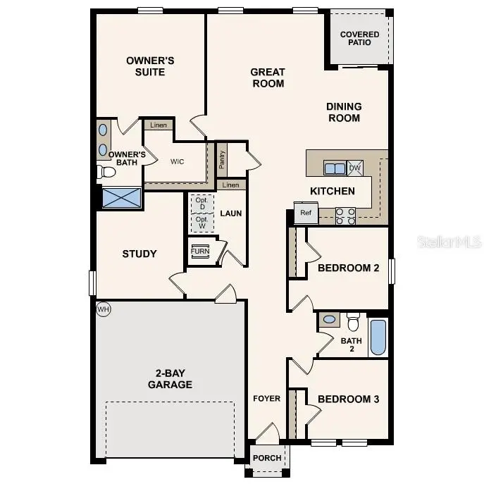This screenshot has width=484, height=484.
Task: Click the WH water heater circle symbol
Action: (104, 309)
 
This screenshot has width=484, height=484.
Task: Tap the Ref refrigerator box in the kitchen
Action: (306, 213)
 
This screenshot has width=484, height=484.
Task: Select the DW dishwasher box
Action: (355, 168)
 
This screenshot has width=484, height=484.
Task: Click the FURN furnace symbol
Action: (200, 251)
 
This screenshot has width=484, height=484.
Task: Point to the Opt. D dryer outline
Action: (201, 203)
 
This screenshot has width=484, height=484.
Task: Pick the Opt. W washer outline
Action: (201, 223)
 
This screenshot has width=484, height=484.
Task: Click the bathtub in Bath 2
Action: (378, 337)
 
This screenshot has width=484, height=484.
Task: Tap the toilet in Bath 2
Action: (354, 323)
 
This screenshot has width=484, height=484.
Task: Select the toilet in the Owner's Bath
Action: (107, 172)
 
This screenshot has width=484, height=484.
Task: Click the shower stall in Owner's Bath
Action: (121, 198)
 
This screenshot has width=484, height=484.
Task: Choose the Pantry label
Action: (222, 161)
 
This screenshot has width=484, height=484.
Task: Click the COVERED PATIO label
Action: (359, 38)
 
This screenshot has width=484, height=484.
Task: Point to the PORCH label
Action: (268, 458)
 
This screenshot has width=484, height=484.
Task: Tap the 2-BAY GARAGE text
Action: (170, 379)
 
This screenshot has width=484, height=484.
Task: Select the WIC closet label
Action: (177, 161)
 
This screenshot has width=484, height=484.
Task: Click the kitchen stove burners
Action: (345, 216)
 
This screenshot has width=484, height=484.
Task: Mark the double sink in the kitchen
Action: (334, 168)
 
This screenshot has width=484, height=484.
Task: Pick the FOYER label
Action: (267, 399)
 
